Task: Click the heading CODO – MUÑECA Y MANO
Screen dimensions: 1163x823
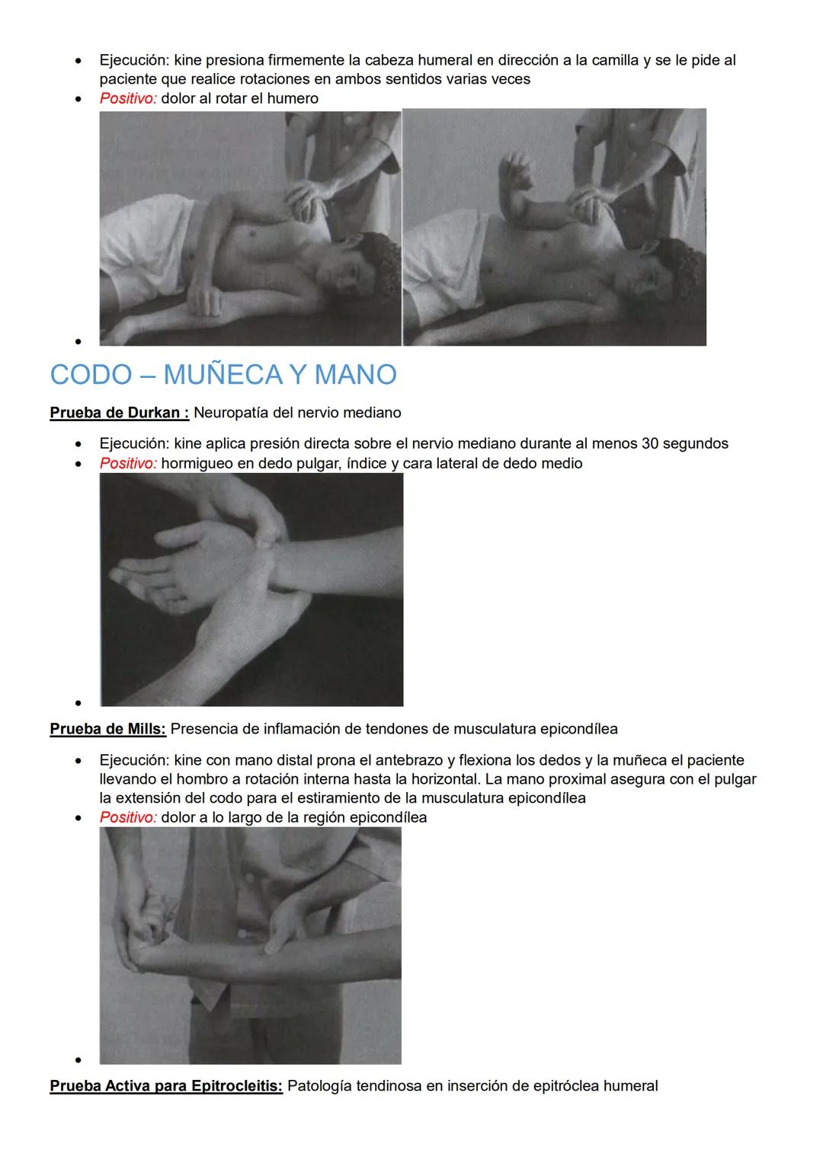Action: (223, 375)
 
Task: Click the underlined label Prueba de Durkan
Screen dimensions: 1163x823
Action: (118, 413)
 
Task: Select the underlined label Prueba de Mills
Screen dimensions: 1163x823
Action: (107, 729)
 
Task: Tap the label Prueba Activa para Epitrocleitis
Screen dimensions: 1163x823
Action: (165, 1086)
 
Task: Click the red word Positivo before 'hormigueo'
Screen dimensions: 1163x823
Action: (128, 463)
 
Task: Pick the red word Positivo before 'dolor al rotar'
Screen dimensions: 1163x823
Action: (128, 98)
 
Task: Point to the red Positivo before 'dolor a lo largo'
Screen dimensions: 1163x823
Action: (128, 817)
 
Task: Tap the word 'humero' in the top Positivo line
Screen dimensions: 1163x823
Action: (293, 98)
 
